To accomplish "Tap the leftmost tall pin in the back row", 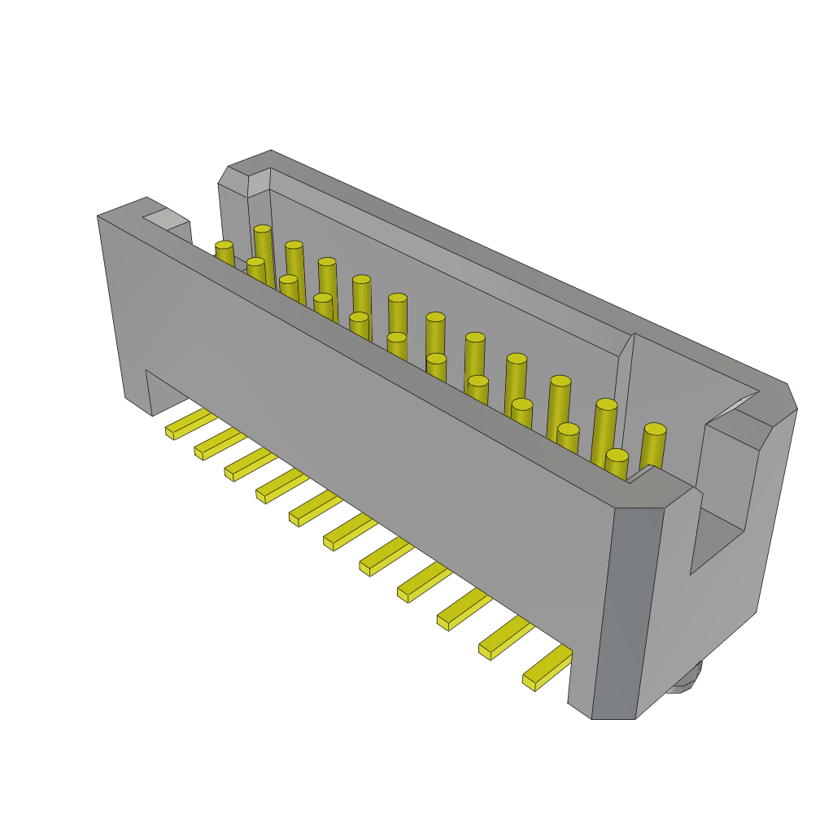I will pos(263,248).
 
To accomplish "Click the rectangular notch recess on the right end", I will pos(721,521).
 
